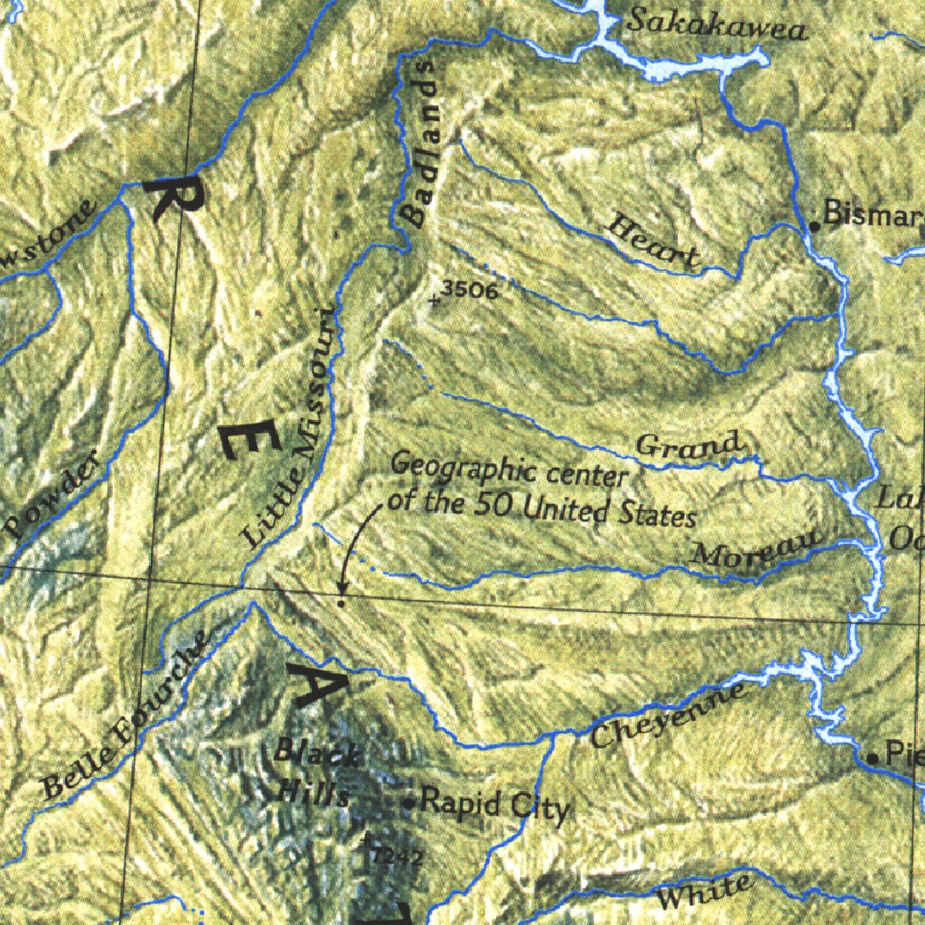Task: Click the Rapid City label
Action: (x=495, y=804)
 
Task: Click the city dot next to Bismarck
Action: (x=814, y=225)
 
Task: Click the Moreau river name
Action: (x=757, y=549)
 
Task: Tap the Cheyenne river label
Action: (x=669, y=715)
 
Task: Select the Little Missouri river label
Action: (x=291, y=426)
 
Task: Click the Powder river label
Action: (x=52, y=498)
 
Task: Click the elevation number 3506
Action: (x=471, y=290)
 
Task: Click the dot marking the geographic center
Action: (x=341, y=602)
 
